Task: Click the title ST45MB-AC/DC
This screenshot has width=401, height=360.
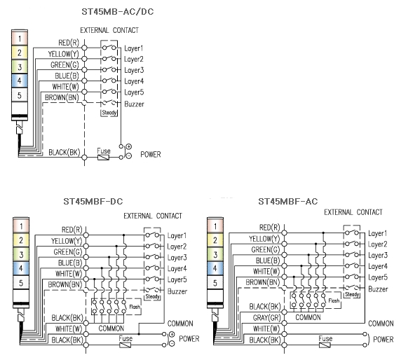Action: (118, 12)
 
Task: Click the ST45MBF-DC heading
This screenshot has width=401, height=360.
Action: (93, 201)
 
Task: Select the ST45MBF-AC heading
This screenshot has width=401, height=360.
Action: (288, 201)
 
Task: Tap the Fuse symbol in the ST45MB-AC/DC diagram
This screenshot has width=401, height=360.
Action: (103, 158)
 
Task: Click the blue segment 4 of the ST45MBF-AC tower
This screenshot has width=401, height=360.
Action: (215, 268)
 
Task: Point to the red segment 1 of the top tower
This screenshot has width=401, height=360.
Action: (20, 39)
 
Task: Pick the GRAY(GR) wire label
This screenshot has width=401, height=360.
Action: (266, 317)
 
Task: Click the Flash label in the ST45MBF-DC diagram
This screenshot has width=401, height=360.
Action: (135, 307)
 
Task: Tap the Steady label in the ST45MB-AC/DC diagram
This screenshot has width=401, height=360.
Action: (109, 113)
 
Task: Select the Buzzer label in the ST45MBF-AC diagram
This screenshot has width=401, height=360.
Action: (378, 289)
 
